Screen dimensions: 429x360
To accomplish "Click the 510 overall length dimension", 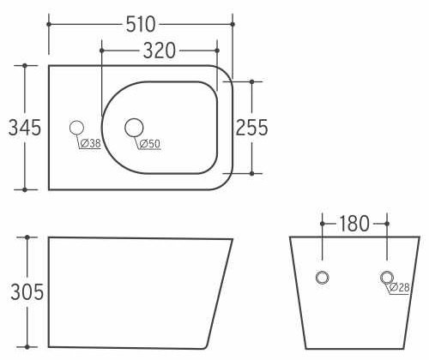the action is point(141,25).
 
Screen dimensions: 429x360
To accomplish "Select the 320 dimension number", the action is point(160,51).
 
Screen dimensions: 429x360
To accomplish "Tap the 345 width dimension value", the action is point(25,128).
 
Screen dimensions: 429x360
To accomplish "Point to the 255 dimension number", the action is point(251,128).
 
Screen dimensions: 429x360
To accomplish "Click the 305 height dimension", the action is point(27,292).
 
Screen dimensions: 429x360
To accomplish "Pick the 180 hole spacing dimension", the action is point(354,224).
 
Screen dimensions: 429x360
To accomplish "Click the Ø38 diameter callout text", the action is point(91,143).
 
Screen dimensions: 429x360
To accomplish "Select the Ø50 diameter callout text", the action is point(150,144).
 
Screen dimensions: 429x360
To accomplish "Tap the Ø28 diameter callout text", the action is point(400,287).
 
